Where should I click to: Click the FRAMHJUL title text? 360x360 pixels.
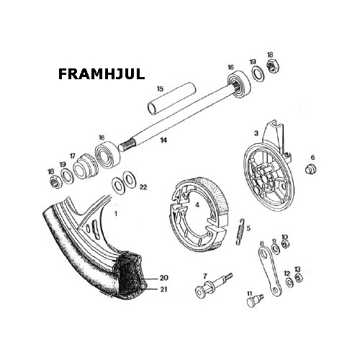(x=102, y=74)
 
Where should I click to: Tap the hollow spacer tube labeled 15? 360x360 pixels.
(x=171, y=99)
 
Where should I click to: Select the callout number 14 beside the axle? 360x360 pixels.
(x=163, y=140)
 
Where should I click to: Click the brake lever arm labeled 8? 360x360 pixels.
(x=269, y=271)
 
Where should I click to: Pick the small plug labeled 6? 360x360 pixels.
(x=311, y=168)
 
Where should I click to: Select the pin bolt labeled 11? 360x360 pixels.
(x=255, y=300)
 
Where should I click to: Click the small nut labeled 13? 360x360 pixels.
(x=299, y=278)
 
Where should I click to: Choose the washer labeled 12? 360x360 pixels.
(x=289, y=282)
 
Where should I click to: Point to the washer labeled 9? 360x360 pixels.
(x=276, y=248)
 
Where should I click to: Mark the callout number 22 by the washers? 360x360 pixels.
(x=143, y=186)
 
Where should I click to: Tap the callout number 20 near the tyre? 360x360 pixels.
(x=164, y=278)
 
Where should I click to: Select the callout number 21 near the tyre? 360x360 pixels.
(x=163, y=289)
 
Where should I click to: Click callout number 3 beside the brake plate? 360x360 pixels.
(x=256, y=133)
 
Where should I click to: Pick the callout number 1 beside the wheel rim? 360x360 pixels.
(x=116, y=213)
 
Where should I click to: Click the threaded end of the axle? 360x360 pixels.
(x=127, y=145)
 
